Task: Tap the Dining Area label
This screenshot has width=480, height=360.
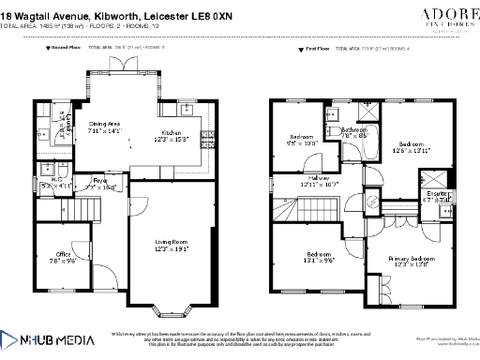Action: pos(105,126)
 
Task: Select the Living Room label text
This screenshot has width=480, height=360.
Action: pos(172,243)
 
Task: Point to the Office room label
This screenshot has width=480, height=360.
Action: pos(63,256)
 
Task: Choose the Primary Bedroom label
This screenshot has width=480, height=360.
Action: pos(411,260)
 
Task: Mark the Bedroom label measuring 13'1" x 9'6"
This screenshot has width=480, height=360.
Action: pos(320,257)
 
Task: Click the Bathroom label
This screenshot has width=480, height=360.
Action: pos(353,132)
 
